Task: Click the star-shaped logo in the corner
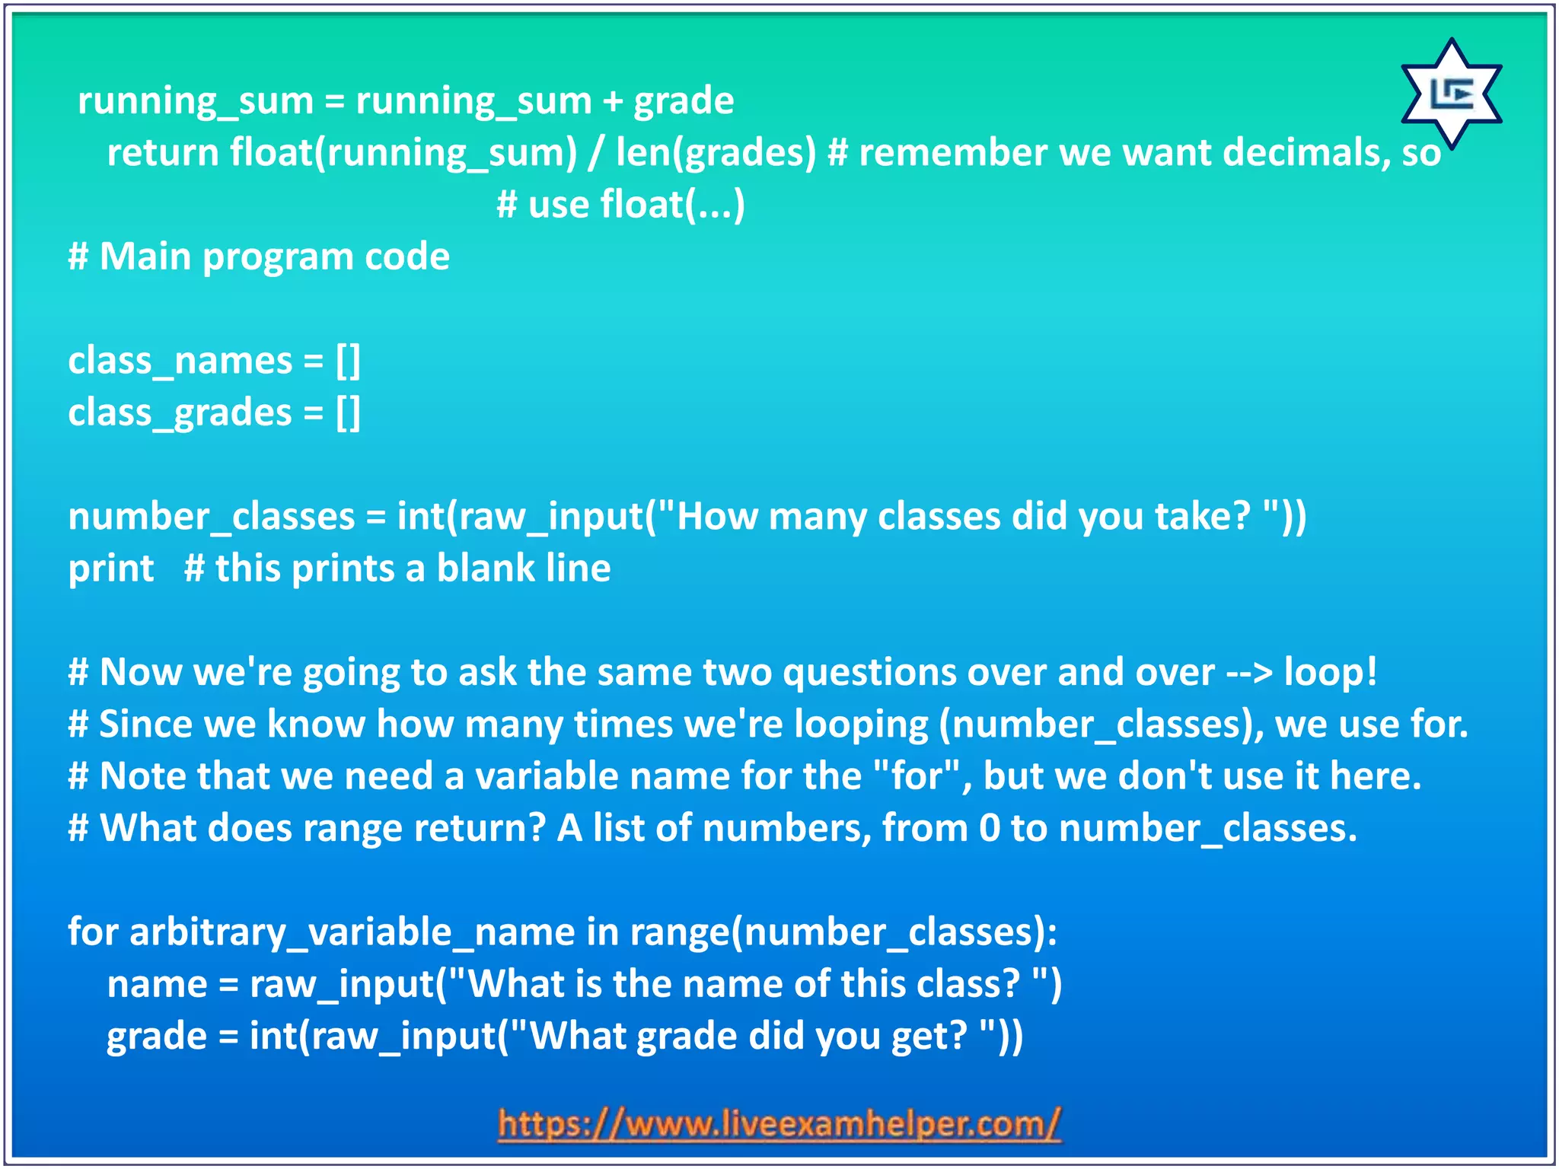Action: click(1451, 94)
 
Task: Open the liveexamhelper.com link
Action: click(779, 1124)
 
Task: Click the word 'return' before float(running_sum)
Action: click(162, 153)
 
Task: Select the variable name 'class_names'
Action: click(180, 361)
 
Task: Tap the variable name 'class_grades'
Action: click(180, 413)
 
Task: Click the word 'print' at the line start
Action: click(111, 569)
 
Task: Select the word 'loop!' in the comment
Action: click(1331, 672)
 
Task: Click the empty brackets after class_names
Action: click(348, 361)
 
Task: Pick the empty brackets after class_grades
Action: click(348, 413)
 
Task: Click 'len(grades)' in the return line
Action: click(716, 153)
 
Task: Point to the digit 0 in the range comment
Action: click(989, 828)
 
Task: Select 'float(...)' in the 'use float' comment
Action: click(673, 205)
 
